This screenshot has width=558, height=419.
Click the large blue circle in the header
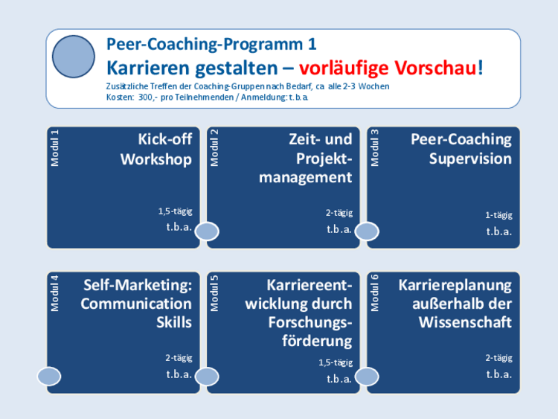(x=74, y=57)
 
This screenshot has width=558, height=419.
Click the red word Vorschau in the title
(x=435, y=68)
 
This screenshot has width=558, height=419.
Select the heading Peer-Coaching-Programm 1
(x=211, y=45)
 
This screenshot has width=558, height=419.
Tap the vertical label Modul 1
(x=54, y=148)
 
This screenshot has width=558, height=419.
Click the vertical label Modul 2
(x=214, y=148)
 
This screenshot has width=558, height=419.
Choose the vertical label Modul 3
(x=375, y=148)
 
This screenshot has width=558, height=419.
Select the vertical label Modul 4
(x=54, y=293)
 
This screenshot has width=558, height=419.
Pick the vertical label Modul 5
(x=214, y=293)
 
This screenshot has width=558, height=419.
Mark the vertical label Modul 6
(x=375, y=293)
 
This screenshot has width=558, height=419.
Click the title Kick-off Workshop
(x=156, y=150)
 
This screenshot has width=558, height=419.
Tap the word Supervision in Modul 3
(x=470, y=159)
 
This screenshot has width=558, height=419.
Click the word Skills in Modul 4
(x=174, y=322)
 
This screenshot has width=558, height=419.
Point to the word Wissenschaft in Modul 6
(x=465, y=322)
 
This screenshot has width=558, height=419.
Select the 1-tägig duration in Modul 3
(x=498, y=215)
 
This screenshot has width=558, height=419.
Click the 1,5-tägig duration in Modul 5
(x=336, y=362)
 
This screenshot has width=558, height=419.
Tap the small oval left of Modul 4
(x=49, y=377)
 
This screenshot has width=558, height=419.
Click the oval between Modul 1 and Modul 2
(x=207, y=231)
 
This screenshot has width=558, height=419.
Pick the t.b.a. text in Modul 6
(x=499, y=374)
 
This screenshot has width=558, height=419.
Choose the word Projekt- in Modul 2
(x=324, y=159)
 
